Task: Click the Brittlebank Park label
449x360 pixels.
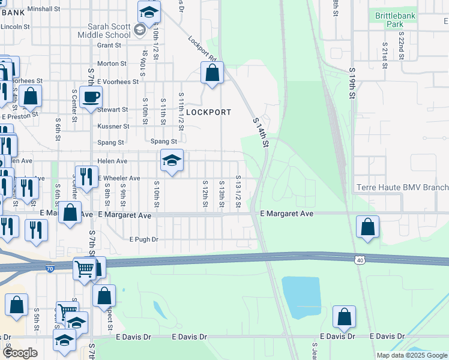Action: point(395,19)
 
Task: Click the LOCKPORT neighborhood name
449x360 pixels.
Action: point(208,112)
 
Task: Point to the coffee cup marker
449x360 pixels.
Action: point(91,97)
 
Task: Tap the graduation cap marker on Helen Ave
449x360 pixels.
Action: point(172,161)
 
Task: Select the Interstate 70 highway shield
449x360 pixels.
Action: point(50,269)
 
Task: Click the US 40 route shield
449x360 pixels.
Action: point(359,260)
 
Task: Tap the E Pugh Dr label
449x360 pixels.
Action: point(143,239)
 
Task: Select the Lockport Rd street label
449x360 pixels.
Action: point(202,49)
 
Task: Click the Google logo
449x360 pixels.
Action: point(20,353)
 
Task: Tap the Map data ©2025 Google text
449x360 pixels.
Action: point(411,355)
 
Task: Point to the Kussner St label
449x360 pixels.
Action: point(113,127)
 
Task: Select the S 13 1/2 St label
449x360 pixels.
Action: point(238,191)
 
